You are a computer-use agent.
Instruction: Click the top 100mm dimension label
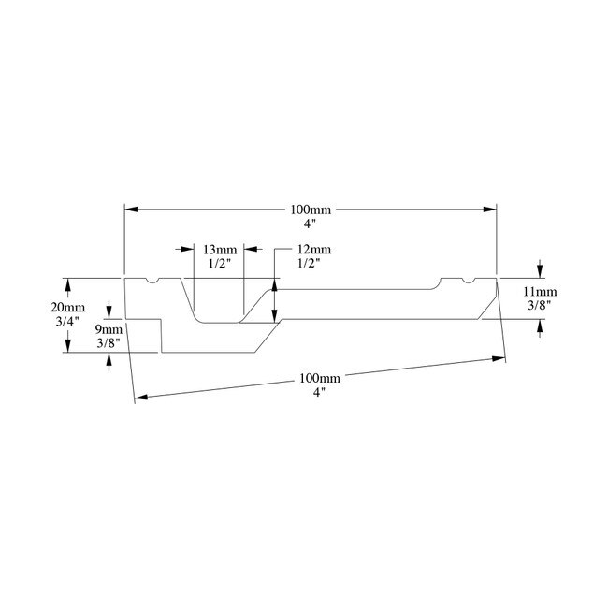pos(311,210)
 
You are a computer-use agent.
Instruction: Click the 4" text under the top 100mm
pos(311,224)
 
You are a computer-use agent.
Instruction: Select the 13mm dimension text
pos(220,250)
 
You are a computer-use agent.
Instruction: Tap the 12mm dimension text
pos(313,250)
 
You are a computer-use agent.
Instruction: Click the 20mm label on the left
pos(68,308)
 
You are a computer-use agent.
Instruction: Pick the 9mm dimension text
pos(110,329)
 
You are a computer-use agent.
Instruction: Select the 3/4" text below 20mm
pos(68,322)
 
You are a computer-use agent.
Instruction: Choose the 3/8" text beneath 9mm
pos(110,343)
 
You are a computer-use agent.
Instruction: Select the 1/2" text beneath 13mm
pos(220,264)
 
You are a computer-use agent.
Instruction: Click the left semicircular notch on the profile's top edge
pos(152,281)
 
